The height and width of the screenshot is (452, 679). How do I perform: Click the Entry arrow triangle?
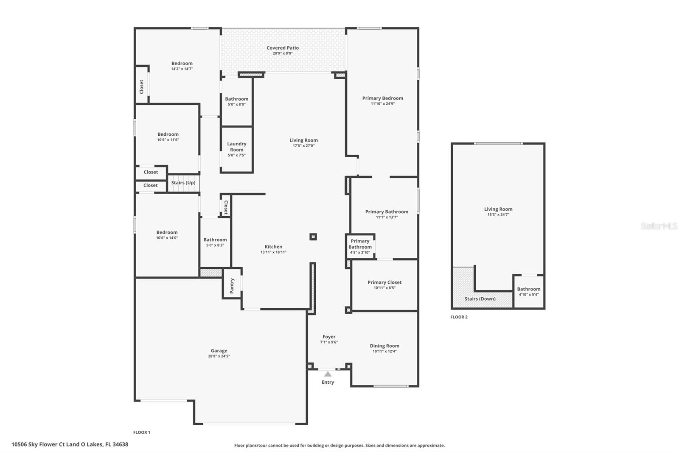328,374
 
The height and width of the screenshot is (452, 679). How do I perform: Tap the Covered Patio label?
283,48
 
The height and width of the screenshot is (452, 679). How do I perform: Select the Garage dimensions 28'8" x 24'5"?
219,356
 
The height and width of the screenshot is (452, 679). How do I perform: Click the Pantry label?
232,286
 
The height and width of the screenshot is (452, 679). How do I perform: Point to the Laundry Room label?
237,147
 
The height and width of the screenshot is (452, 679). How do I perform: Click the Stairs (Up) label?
183,183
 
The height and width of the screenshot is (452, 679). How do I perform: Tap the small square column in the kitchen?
313,237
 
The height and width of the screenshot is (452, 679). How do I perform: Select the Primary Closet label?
384,282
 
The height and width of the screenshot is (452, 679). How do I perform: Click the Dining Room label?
384,346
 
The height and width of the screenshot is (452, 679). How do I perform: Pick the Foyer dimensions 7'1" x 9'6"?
329,342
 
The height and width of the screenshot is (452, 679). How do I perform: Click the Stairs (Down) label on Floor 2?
480,299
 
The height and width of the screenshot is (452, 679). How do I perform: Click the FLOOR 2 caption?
459,317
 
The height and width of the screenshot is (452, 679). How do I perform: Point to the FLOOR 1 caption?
142,432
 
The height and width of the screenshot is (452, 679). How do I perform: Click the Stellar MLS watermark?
659,226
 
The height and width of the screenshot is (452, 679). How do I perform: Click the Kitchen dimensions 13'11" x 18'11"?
273,252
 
